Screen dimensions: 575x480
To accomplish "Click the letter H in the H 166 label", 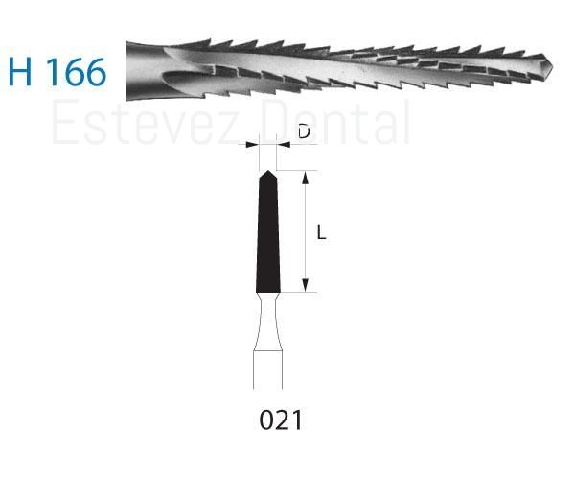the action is [20, 72].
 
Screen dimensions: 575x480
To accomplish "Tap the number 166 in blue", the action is [77, 72].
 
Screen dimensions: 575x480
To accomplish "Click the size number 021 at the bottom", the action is [281, 420].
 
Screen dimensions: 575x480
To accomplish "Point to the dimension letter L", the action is [321, 233].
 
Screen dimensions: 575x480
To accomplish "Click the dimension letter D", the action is [304, 132].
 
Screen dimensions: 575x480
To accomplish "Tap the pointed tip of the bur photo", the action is [552, 67].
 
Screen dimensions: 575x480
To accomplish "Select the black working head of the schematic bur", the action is [268, 232].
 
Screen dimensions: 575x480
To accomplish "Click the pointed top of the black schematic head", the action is [268, 171].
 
